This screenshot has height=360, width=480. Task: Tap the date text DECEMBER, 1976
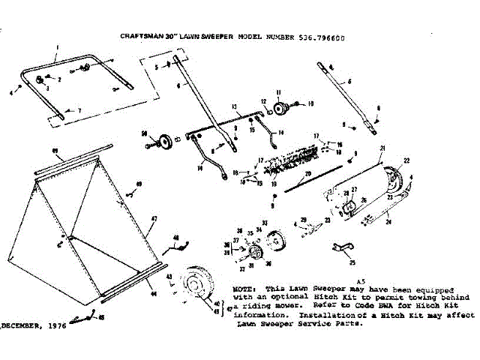click(34, 326)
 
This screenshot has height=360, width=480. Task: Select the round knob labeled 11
click(281, 109)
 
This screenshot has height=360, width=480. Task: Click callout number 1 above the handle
click(57, 47)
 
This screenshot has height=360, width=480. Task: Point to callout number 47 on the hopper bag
click(154, 218)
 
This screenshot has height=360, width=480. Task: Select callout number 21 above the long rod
click(382, 148)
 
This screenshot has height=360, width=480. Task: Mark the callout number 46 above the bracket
click(175, 238)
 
